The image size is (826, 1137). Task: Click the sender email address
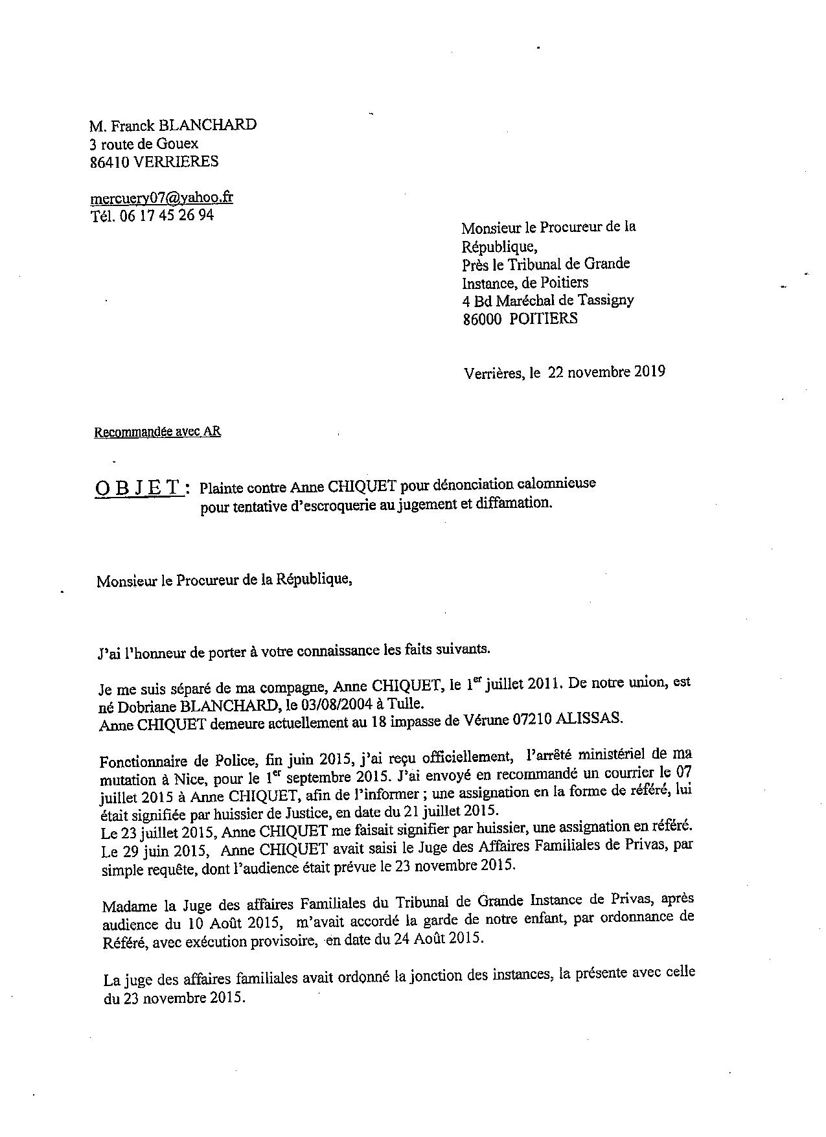161,198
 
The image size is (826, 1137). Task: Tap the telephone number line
152,216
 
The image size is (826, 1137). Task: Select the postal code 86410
109,161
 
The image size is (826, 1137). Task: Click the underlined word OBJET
138,488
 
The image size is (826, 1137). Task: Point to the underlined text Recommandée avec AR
157,431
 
